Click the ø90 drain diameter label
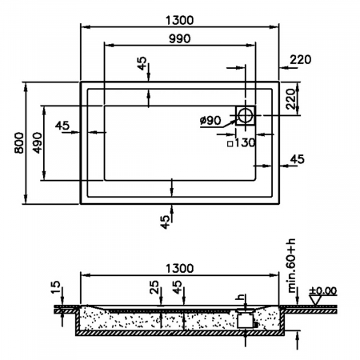click(x=211, y=121)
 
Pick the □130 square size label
click(x=239, y=144)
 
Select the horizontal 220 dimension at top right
click(x=299, y=60)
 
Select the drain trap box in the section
click(x=246, y=319)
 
